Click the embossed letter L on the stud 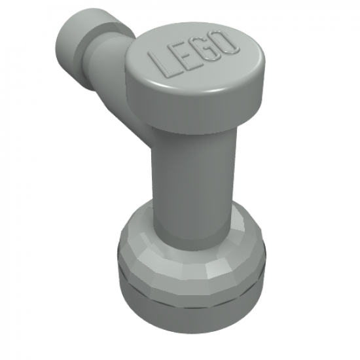pyautogui.click(x=164, y=63)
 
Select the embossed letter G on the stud pyautogui.click(x=206, y=48)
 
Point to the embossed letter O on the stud pyautogui.click(x=226, y=41)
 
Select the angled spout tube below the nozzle pyautogui.click(x=124, y=92)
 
